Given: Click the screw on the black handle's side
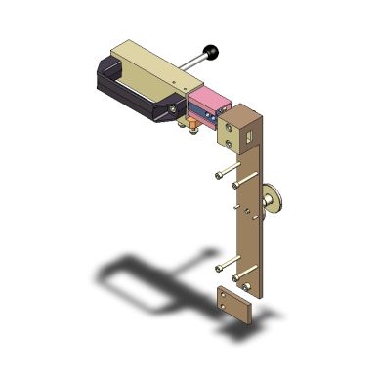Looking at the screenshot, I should tap(175, 108).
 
